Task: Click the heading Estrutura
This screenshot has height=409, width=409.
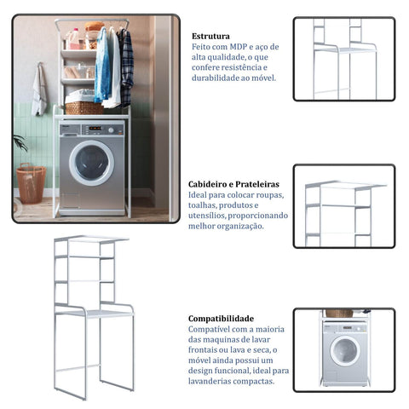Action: coord(210,37)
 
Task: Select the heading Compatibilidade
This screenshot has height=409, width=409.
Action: coord(221,319)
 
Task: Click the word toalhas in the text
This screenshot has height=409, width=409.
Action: coord(203,205)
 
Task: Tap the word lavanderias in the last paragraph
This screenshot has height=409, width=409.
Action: coord(210,381)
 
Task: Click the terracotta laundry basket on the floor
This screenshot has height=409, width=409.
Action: coord(31,183)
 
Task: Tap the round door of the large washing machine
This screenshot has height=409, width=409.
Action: coord(91,163)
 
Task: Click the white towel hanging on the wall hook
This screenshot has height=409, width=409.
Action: coord(39,91)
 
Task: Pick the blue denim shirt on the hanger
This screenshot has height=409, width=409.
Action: coord(102,66)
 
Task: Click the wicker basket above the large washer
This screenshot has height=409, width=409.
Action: coord(84,108)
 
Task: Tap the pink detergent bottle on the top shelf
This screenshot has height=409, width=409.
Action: coord(74,39)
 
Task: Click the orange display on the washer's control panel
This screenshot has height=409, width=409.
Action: coord(95,128)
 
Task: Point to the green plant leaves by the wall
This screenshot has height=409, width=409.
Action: coord(20,143)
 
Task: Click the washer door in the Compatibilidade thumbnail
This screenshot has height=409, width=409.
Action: coord(345,351)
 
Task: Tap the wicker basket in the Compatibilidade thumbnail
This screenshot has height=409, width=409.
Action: coord(339,314)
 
